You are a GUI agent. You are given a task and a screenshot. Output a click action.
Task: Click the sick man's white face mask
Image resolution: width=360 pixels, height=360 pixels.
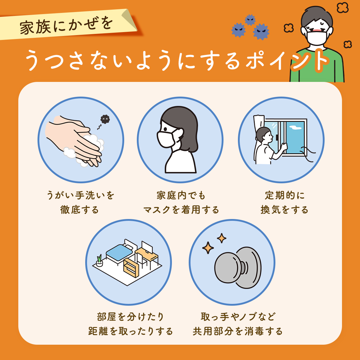[x=317, y=37]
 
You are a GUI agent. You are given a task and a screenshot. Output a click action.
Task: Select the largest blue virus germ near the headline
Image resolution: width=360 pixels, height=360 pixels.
[x=261, y=32]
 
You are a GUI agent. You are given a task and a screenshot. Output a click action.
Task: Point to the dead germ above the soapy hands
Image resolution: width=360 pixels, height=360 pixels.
[x=105, y=119]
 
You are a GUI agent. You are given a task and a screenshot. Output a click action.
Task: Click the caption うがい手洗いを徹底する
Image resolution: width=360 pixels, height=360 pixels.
[x=80, y=202]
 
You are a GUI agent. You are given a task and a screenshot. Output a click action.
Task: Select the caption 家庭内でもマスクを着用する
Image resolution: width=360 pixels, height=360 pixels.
[x=181, y=202]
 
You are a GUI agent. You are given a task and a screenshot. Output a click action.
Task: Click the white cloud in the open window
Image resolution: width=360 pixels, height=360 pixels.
[x=295, y=128]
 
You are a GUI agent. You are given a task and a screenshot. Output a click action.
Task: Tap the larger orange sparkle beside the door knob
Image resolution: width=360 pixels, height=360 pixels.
[x=208, y=248]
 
